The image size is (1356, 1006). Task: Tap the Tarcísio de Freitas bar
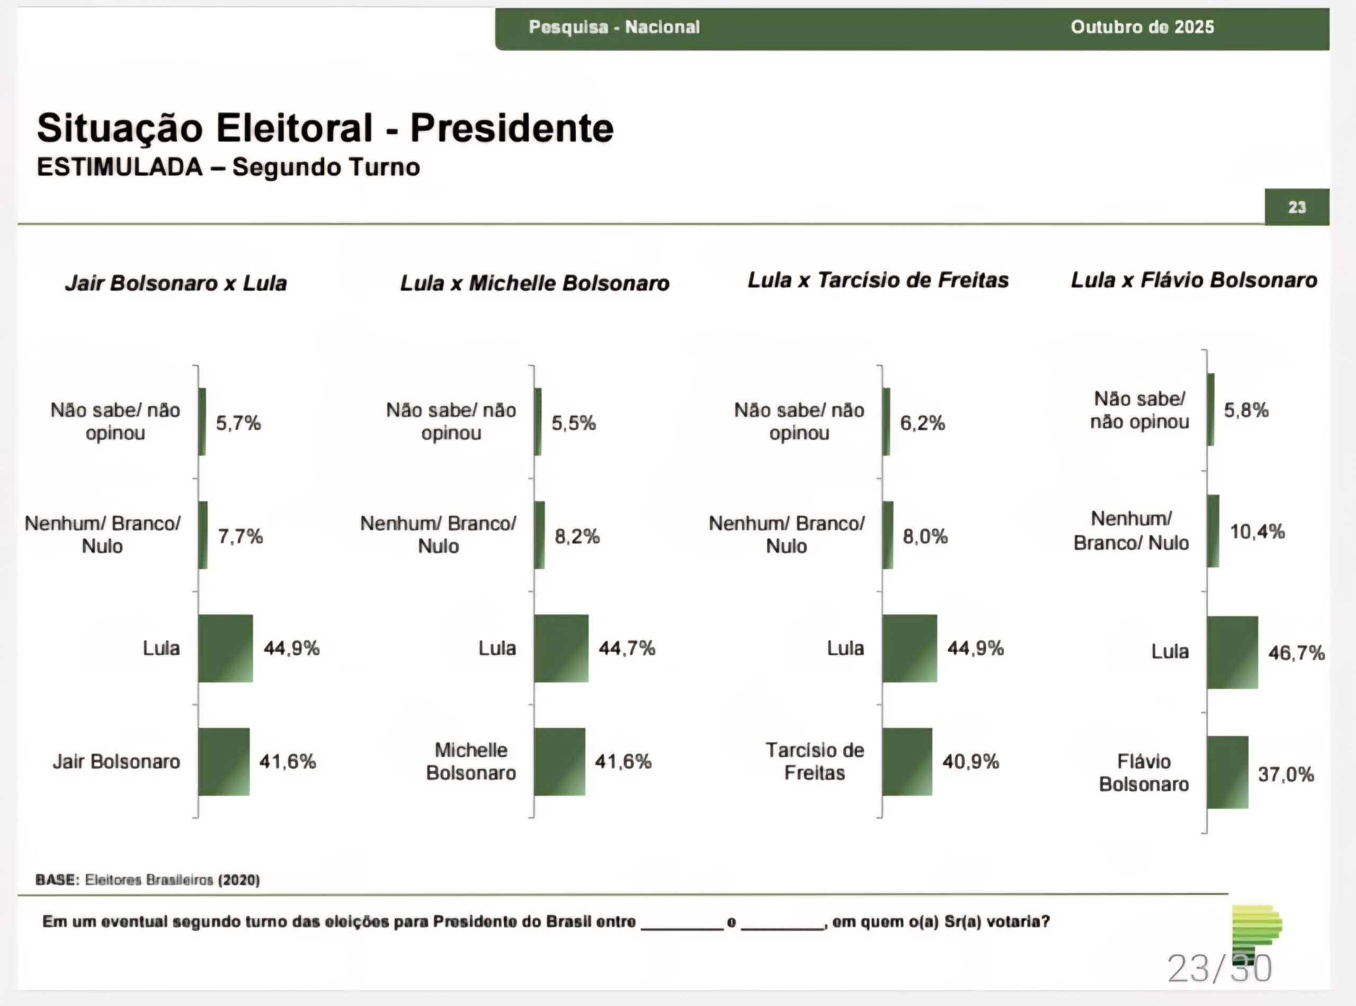click(x=907, y=761)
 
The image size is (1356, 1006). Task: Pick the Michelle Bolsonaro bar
click(x=559, y=761)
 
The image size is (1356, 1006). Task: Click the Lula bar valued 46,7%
click(x=1233, y=652)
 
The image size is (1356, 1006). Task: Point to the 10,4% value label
click(x=1257, y=532)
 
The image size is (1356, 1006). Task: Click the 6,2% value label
click(x=923, y=423)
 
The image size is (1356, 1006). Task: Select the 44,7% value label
click(x=627, y=648)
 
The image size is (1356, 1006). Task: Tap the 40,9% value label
click(x=971, y=761)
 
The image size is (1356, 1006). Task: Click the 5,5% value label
click(x=574, y=423)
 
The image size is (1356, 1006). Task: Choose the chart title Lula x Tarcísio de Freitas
click(x=878, y=280)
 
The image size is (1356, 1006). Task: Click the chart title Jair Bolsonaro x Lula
click(x=176, y=283)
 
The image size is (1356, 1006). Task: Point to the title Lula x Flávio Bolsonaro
click(x=1194, y=280)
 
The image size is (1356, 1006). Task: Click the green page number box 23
click(x=1297, y=207)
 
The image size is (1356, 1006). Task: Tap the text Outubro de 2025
click(x=1143, y=28)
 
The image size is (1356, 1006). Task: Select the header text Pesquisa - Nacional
click(x=614, y=28)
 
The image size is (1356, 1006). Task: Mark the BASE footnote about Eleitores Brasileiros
click(x=148, y=880)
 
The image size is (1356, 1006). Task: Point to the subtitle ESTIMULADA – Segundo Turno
click(x=228, y=167)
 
